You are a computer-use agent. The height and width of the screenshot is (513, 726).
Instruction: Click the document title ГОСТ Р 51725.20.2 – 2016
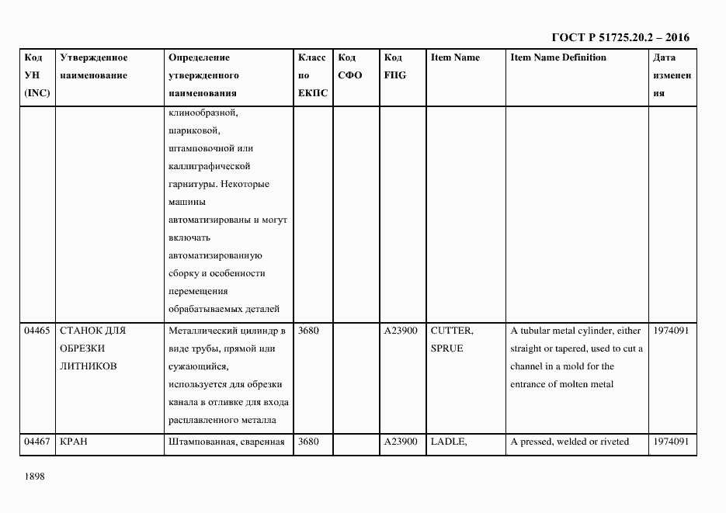click(620, 37)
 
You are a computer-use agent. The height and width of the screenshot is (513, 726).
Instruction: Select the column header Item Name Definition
click(558, 57)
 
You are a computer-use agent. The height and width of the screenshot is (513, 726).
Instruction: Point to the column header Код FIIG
click(394, 67)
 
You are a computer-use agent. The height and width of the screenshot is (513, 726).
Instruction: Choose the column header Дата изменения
click(672, 75)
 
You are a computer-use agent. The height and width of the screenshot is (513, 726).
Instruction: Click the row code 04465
click(37, 331)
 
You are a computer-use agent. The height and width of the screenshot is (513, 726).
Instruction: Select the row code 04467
click(37, 442)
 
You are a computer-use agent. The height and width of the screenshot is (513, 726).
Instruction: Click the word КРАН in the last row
click(74, 442)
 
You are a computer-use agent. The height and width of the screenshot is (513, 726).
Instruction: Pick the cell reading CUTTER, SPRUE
click(451, 339)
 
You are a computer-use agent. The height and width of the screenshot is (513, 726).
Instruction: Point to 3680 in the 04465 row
click(309, 331)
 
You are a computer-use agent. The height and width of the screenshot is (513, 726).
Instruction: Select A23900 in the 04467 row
click(401, 442)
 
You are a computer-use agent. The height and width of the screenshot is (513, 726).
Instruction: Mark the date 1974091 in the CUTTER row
click(672, 331)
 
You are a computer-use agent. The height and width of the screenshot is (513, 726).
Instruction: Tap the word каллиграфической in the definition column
click(208, 166)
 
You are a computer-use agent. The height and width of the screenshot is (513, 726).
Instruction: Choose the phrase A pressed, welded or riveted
click(569, 442)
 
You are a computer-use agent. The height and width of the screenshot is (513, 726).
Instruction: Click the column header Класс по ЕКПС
click(313, 75)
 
